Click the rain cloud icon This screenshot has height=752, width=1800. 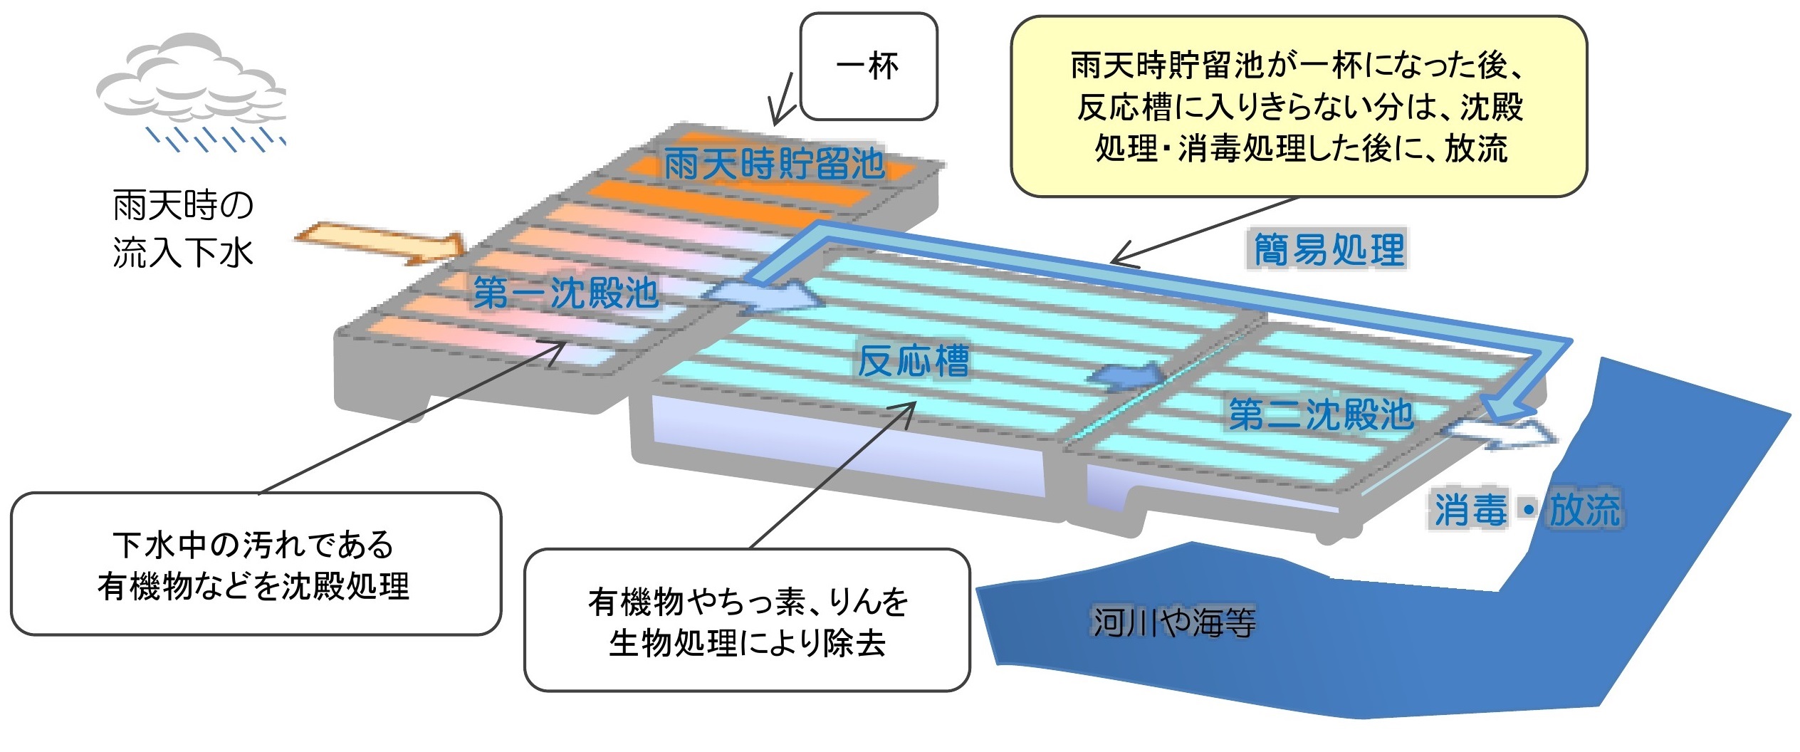click(x=191, y=78)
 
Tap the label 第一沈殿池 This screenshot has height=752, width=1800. click(x=566, y=293)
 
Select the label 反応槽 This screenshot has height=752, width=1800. click(x=913, y=361)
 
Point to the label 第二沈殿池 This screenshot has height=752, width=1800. click(x=1321, y=414)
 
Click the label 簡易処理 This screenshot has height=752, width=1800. click(x=1329, y=250)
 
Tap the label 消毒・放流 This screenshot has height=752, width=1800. click(x=1527, y=510)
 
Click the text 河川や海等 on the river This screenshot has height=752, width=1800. click(x=1174, y=622)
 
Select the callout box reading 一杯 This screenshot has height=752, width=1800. click(x=868, y=66)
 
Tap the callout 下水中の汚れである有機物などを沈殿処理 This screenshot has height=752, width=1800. click(x=255, y=564)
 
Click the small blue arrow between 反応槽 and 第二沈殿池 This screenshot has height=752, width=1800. click(x=1127, y=375)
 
